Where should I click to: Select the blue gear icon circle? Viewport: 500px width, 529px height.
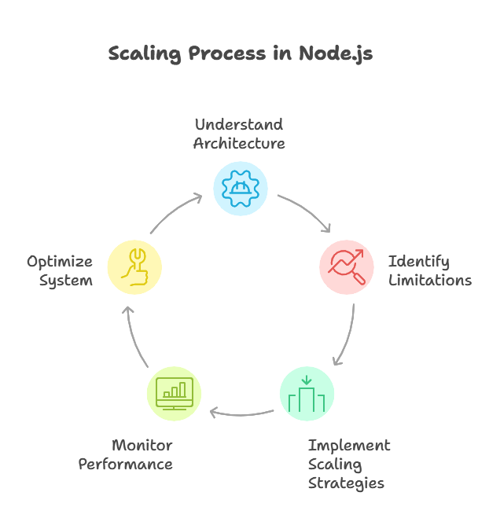(x=241, y=189)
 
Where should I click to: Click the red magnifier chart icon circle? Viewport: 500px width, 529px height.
(x=347, y=266)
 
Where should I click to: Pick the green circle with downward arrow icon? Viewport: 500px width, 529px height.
(x=307, y=394)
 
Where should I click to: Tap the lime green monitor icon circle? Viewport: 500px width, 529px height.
(x=175, y=394)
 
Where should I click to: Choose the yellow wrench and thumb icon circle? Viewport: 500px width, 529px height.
(x=134, y=266)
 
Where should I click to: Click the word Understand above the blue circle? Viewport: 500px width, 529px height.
(x=239, y=124)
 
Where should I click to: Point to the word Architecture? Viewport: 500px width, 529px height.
(x=239, y=143)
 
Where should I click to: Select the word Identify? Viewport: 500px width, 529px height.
(x=419, y=262)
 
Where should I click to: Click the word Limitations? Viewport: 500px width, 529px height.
(x=430, y=281)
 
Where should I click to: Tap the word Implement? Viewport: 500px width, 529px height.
(x=349, y=446)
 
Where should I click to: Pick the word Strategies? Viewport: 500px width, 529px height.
(x=346, y=483)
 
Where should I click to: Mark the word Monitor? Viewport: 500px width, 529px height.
(x=142, y=446)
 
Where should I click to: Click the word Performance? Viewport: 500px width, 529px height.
(x=126, y=465)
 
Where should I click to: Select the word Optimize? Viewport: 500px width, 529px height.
(x=60, y=262)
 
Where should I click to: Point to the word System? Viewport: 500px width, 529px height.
(x=66, y=281)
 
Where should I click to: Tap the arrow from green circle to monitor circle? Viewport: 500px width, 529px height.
(x=241, y=413)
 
